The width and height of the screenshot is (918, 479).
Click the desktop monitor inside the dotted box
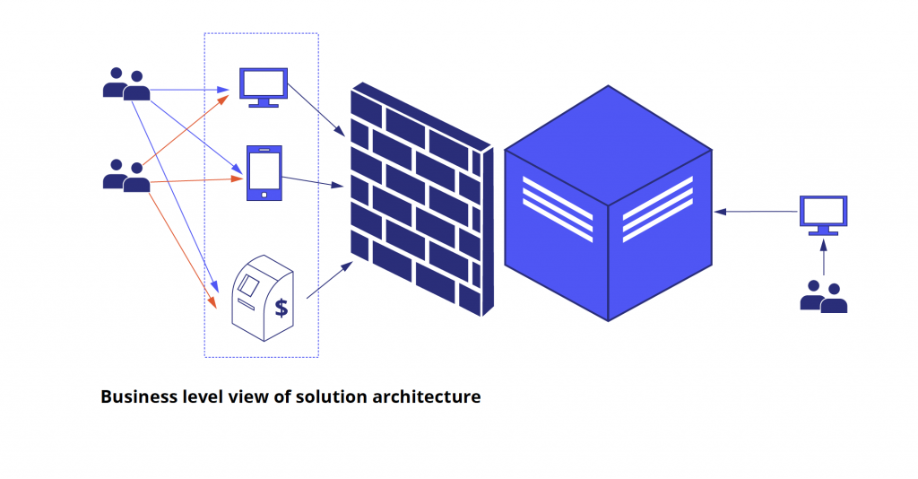click(264, 84)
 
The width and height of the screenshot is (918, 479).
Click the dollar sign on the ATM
click(281, 308)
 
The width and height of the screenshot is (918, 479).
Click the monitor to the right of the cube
click(823, 213)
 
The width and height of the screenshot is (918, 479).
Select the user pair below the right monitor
click(823, 296)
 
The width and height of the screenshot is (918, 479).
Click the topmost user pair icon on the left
click(126, 84)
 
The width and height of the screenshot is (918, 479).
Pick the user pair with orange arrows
click(126, 176)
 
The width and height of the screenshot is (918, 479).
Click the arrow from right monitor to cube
click(758, 212)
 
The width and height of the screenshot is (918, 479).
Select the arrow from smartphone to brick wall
click(314, 182)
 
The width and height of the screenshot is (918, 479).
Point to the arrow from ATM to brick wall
click(327, 280)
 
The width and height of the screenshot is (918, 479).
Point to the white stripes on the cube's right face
click(657, 208)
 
